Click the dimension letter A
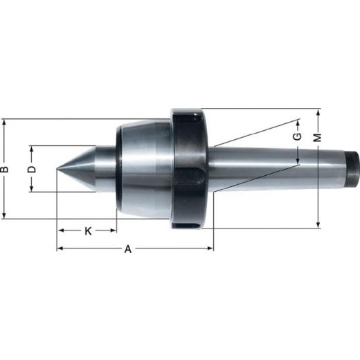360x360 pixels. [x=128, y=249]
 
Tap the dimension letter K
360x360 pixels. [x=88, y=231]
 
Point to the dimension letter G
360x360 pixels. [x=297, y=137]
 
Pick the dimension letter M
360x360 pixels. [x=318, y=137]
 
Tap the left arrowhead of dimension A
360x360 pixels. [x=59, y=249]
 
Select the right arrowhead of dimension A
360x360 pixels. [x=211, y=249]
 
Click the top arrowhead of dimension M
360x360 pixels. [x=318, y=111]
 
